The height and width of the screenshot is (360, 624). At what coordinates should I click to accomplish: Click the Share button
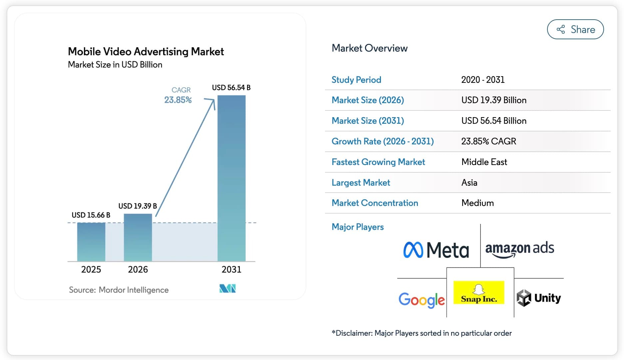tap(575, 29)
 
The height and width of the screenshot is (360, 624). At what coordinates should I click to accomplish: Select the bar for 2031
tap(231, 178)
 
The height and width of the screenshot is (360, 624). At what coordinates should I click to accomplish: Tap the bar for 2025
tap(91, 242)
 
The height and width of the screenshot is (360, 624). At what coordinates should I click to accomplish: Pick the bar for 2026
tap(138, 237)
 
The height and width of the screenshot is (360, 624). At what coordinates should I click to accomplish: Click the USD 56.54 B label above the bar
tap(231, 88)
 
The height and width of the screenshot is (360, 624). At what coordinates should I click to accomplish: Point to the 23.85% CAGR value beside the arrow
tap(178, 100)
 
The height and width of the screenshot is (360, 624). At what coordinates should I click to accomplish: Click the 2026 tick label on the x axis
tap(138, 269)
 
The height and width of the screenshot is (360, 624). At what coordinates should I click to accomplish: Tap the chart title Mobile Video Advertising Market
tap(146, 52)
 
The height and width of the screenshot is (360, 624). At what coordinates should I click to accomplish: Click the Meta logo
tap(436, 250)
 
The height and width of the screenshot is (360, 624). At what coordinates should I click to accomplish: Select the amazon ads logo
tap(519, 249)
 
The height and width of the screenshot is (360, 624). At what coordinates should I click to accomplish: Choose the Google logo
tap(422, 300)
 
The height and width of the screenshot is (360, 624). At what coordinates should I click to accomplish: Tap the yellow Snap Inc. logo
tap(479, 292)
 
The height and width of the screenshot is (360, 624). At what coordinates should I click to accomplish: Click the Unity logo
tap(538, 298)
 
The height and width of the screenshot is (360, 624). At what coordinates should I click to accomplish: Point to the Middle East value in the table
tap(484, 162)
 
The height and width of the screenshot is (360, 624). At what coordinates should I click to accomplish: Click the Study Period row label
tap(356, 80)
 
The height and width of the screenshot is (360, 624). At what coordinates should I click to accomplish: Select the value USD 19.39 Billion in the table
tap(494, 100)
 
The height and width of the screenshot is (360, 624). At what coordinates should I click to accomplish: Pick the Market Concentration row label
tap(375, 203)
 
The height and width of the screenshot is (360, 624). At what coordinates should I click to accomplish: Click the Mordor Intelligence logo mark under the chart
tap(227, 288)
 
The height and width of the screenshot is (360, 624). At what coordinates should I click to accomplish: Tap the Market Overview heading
tap(370, 48)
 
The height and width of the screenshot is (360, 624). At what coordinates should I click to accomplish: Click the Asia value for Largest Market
tap(469, 183)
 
